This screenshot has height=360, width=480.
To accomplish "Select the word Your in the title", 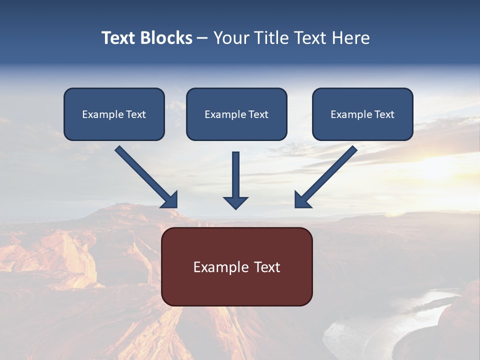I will click(230, 38).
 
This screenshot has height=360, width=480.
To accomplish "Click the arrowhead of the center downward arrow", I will click(236, 202).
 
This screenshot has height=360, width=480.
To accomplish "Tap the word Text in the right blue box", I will click(384, 114).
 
